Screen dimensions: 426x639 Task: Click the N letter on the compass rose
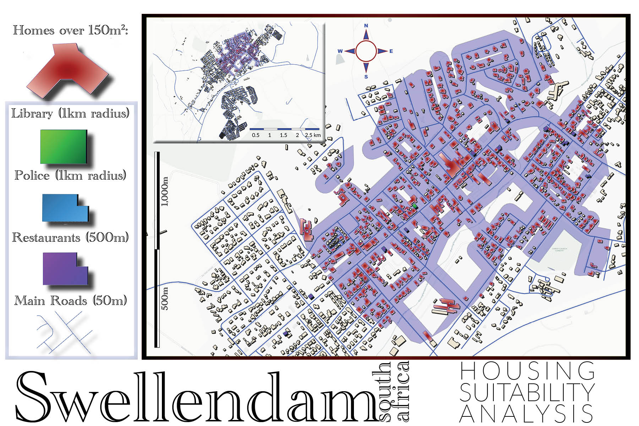[x=366, y=26]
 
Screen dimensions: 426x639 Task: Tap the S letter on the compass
[x=366, y=77]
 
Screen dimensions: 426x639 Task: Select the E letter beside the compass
[x=391, y=51]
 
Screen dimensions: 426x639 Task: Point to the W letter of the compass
[x=340, y=51]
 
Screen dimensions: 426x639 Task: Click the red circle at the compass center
[x=366, y=51]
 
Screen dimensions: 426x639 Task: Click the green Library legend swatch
[x=64, y=147]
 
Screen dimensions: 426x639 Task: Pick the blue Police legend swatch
[x=65, y=208]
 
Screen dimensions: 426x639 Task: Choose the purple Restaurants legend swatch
[x=65, y=269]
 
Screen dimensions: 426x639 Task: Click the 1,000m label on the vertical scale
[x=165, y=192]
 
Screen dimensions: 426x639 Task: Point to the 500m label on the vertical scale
[x=165, y=299]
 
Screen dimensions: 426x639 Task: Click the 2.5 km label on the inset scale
[x=313, y=135]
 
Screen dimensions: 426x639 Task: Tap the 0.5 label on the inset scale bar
[x=256, y=135]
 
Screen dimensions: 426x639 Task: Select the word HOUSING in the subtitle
[x=527, y=371]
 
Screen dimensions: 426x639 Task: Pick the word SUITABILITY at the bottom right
[x=527, y=392]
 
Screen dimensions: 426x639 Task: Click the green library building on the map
[x=414, y=206]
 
